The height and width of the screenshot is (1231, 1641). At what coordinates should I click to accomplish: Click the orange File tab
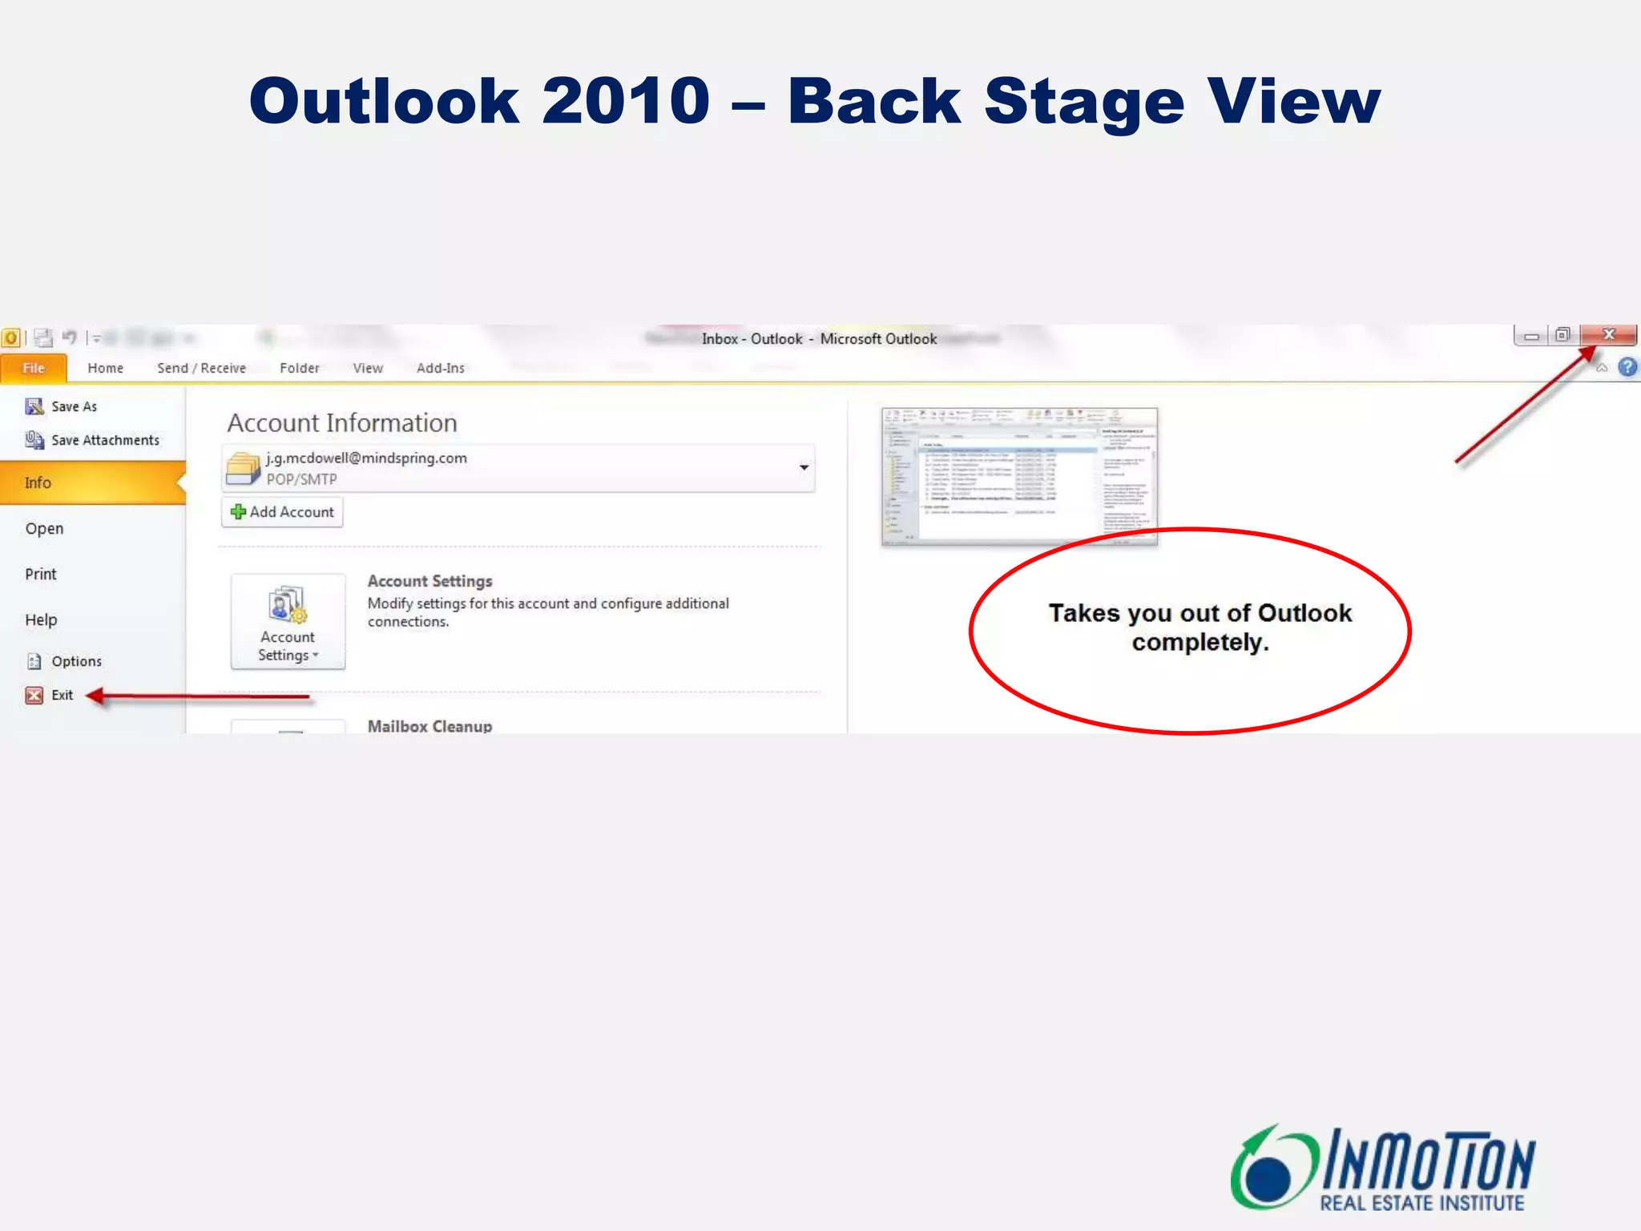(x=34, y=368)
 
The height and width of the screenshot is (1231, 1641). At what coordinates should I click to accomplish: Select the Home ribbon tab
(x=105, y=368)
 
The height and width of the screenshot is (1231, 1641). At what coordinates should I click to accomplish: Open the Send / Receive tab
(x=201, y=368)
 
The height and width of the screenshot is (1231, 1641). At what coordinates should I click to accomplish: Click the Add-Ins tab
(x=440, y=368)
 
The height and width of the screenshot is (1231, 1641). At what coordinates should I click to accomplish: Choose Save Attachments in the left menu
(x=104, y=440)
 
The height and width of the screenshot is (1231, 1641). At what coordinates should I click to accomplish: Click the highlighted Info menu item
(x=38, y=482)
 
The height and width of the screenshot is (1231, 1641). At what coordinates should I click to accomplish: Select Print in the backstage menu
(x=41, y=574)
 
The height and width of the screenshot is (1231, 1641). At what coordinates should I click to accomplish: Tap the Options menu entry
(x=76, y=661)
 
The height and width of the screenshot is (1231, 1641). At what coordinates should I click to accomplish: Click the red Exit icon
(x=34, y=695)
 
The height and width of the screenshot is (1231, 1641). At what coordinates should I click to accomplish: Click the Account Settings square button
(x=288, y=621)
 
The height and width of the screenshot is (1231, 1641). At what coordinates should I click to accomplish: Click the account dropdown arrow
(x=804, y=467)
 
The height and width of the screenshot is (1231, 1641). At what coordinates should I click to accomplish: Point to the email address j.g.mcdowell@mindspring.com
(x=366, y=458)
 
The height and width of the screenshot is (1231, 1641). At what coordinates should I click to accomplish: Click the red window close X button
(x=1608, y=334)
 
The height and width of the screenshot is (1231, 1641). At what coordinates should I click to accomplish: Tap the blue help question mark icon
(x=1627, y=367)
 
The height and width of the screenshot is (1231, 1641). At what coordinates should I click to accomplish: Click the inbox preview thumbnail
(x=1019, y=475)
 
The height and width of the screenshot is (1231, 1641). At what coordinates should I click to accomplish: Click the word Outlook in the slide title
(x=384, y=101)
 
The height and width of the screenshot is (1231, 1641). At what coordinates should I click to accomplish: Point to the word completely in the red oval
(x=1199, y=643)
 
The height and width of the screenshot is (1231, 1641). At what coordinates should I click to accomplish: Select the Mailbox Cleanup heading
(x=429, y=725)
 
